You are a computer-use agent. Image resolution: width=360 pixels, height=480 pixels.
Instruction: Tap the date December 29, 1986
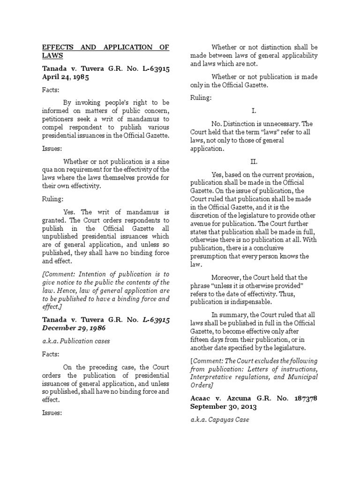(73, 329)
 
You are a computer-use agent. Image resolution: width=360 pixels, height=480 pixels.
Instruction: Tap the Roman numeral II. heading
(254, 161)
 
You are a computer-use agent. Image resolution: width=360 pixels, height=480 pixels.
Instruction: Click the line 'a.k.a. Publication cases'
(76, 341)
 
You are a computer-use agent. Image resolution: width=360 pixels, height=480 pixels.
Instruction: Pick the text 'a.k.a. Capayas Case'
(220, 420)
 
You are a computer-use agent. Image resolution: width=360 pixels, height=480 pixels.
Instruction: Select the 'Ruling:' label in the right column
(201, 98)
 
